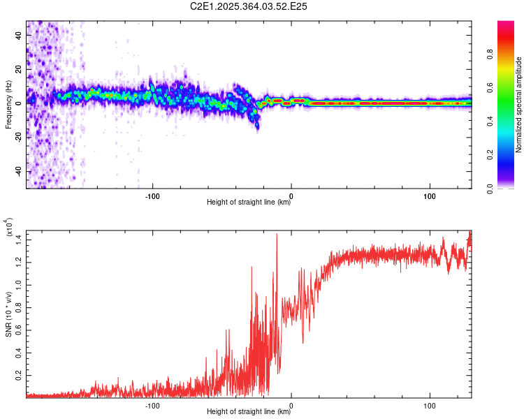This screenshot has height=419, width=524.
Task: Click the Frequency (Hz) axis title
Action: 8,105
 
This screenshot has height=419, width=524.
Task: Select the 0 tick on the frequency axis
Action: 21,103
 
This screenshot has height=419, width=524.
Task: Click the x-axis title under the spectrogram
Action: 249,203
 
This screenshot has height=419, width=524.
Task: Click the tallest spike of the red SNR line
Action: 277,235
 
